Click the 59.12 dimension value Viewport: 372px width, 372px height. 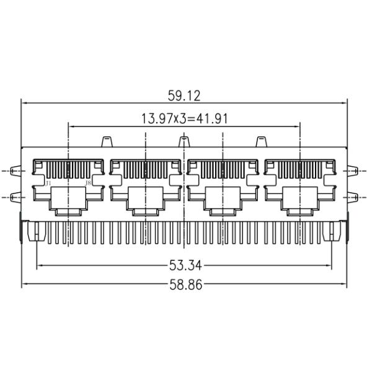pos(185,95)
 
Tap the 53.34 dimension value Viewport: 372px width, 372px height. pos(185,265)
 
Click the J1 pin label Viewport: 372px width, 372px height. pos(48,183)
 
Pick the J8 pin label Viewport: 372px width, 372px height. pos(88,183)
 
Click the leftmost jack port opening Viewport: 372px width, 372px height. pos(68,186)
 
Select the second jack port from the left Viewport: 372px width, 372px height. pos(146,186)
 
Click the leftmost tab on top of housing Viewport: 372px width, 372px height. pos(106,141)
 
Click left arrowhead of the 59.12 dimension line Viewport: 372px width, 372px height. pos(25,102)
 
